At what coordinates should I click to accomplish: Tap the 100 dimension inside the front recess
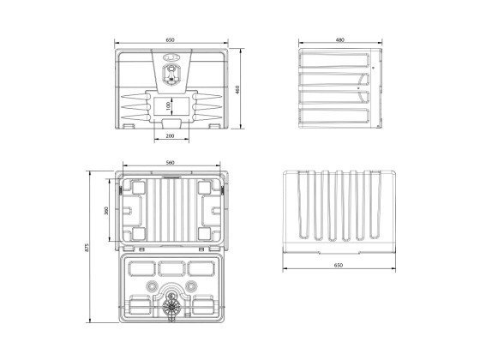168,105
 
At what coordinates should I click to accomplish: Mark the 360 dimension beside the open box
105,211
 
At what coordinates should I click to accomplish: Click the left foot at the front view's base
129,128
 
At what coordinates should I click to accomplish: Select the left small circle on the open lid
152,286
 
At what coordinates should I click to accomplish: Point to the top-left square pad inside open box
136,187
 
